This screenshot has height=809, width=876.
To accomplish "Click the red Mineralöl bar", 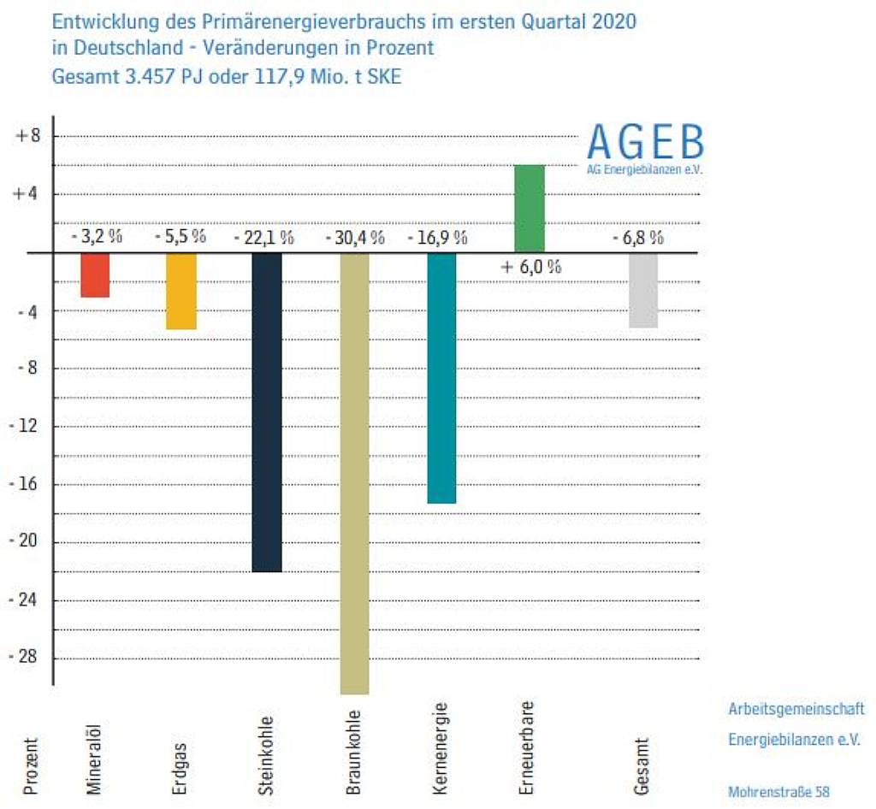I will pos(95,275).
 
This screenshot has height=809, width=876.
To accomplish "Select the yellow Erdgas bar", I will pos(181,292).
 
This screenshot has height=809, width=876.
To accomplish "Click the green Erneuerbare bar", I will pos(530,208).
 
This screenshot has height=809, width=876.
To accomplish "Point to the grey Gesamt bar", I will pos(644,291).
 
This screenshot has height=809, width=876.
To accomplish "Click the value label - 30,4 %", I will pos(354,238).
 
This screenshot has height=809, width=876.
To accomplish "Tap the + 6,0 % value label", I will pos(530,267).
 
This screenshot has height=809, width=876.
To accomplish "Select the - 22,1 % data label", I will pos(264,238).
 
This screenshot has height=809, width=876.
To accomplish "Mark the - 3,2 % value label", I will pos(96,237).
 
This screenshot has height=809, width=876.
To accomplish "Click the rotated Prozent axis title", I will pos(31,766).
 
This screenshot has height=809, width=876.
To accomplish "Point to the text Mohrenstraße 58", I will pos(778,792).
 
